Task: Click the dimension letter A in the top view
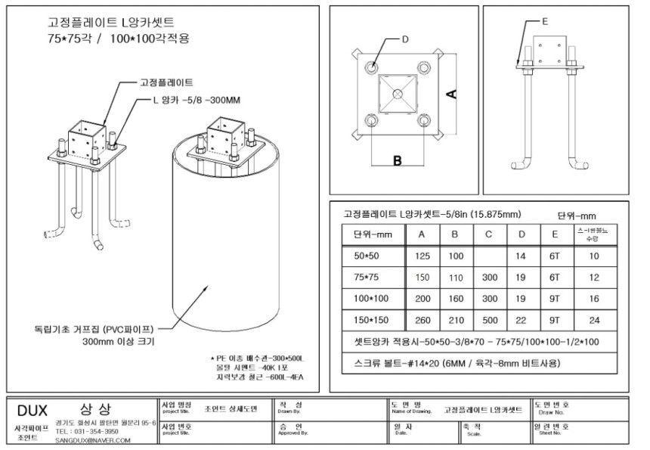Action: (x=450, y=93)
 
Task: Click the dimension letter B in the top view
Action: (x=395, y=160)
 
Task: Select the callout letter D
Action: (x=404, y=39)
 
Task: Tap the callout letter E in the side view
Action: (x=544, y=22)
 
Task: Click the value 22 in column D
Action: (x=521, y=320)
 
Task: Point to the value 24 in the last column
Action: (x=594, y=320)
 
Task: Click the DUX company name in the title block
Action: (x=32, y=409)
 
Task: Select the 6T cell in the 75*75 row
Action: (x=553, y=277)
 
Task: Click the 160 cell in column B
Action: (x=455, y=298)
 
